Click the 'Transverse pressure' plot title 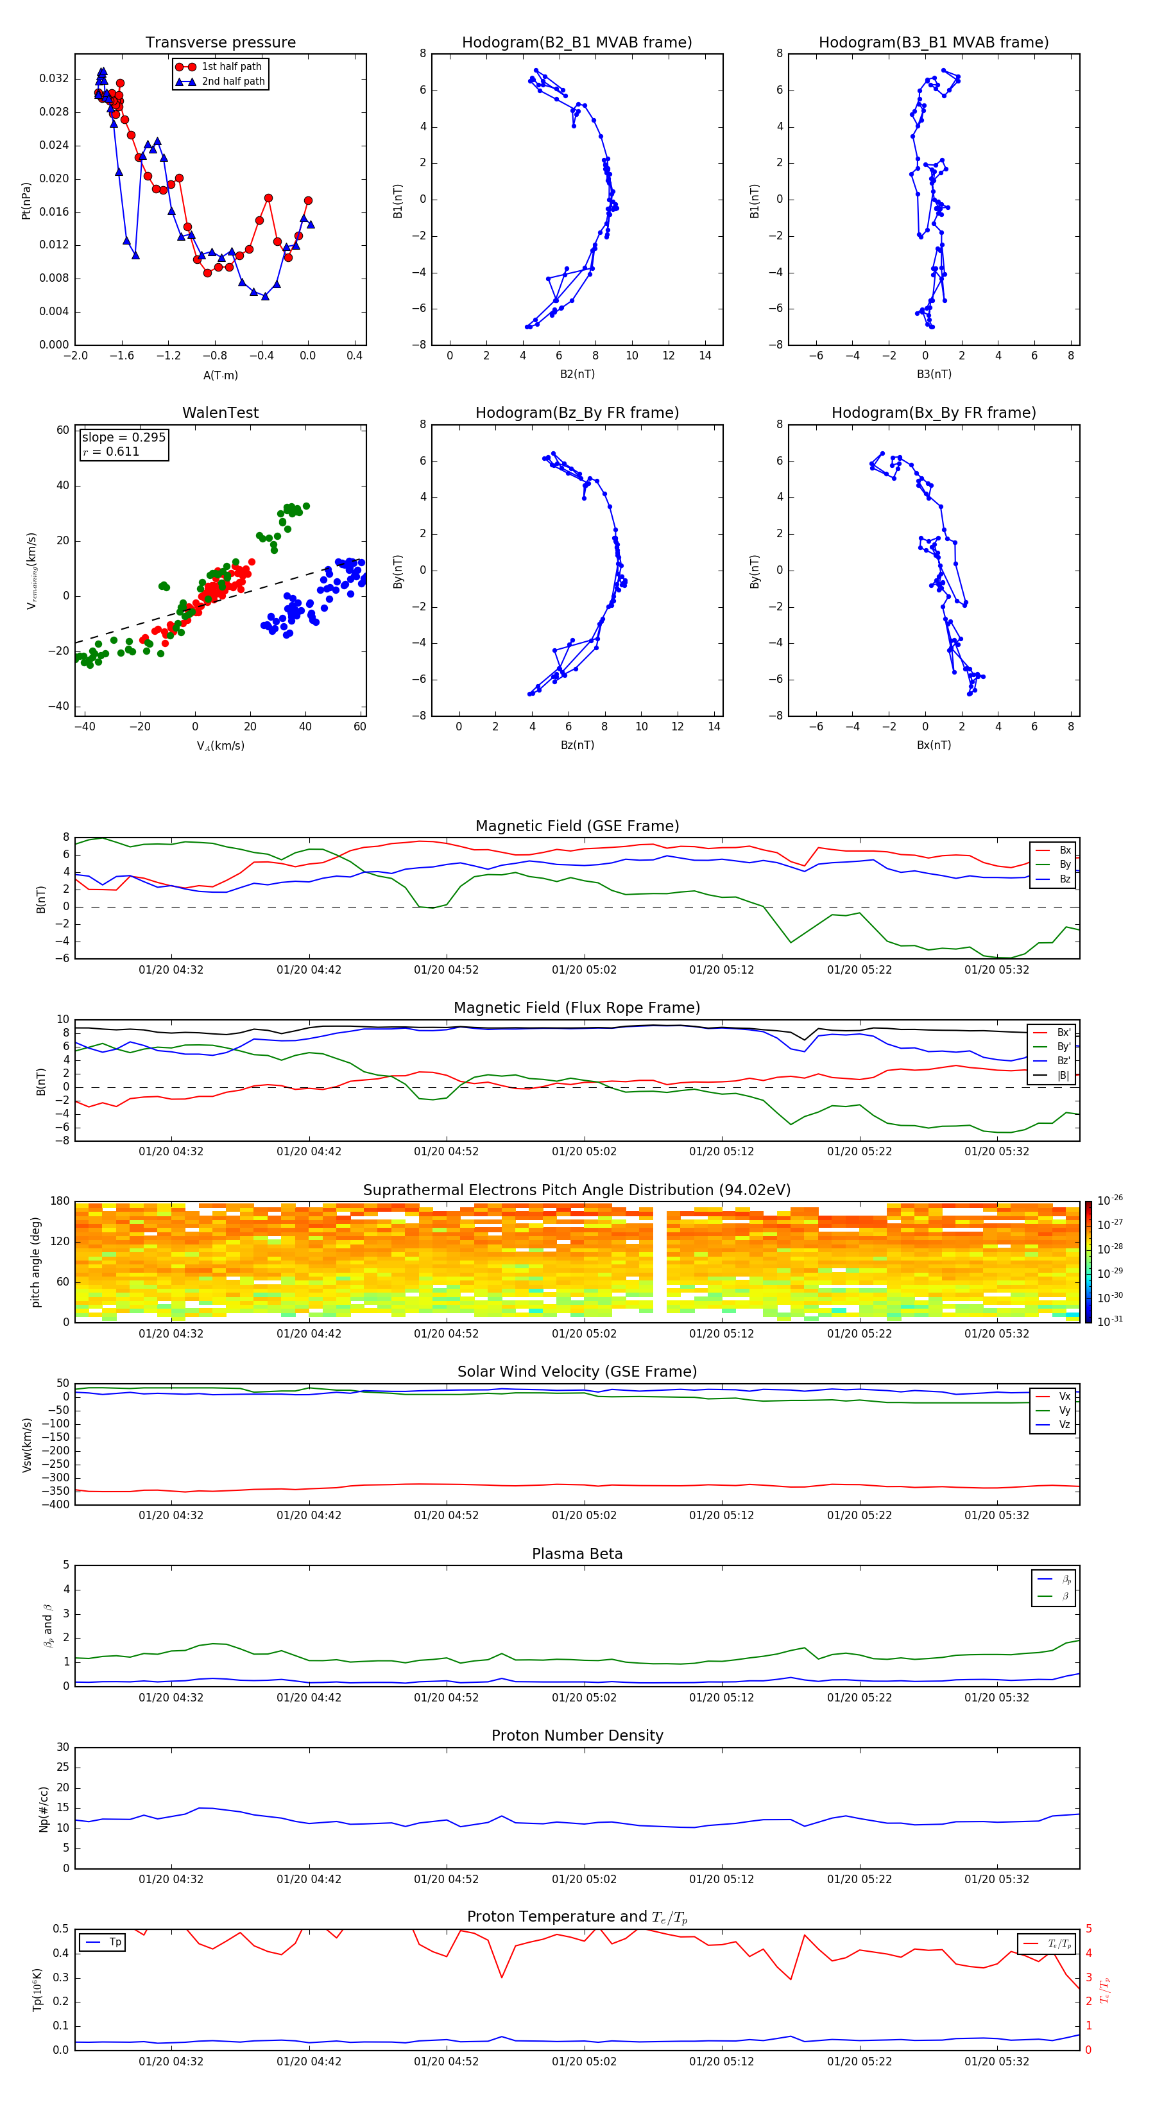tap(220, 43)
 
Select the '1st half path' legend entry tap(231, 67)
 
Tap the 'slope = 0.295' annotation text tap(123, 438)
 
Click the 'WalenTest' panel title tap(220, 413)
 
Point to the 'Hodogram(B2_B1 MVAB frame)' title tap(576, 43)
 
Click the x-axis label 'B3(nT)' tap(934, 374)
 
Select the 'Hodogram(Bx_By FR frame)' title tap(933, 413)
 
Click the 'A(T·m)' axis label tap(220, 375)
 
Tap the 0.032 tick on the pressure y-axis tap(55, 79)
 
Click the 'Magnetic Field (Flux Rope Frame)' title tap(576, 1008)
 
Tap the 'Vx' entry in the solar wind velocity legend tap(1064, 1396)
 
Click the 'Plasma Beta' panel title tap(576, 1554)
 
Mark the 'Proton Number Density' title tap(576, 1735)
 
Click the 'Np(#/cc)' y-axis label tap(44, 1809)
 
